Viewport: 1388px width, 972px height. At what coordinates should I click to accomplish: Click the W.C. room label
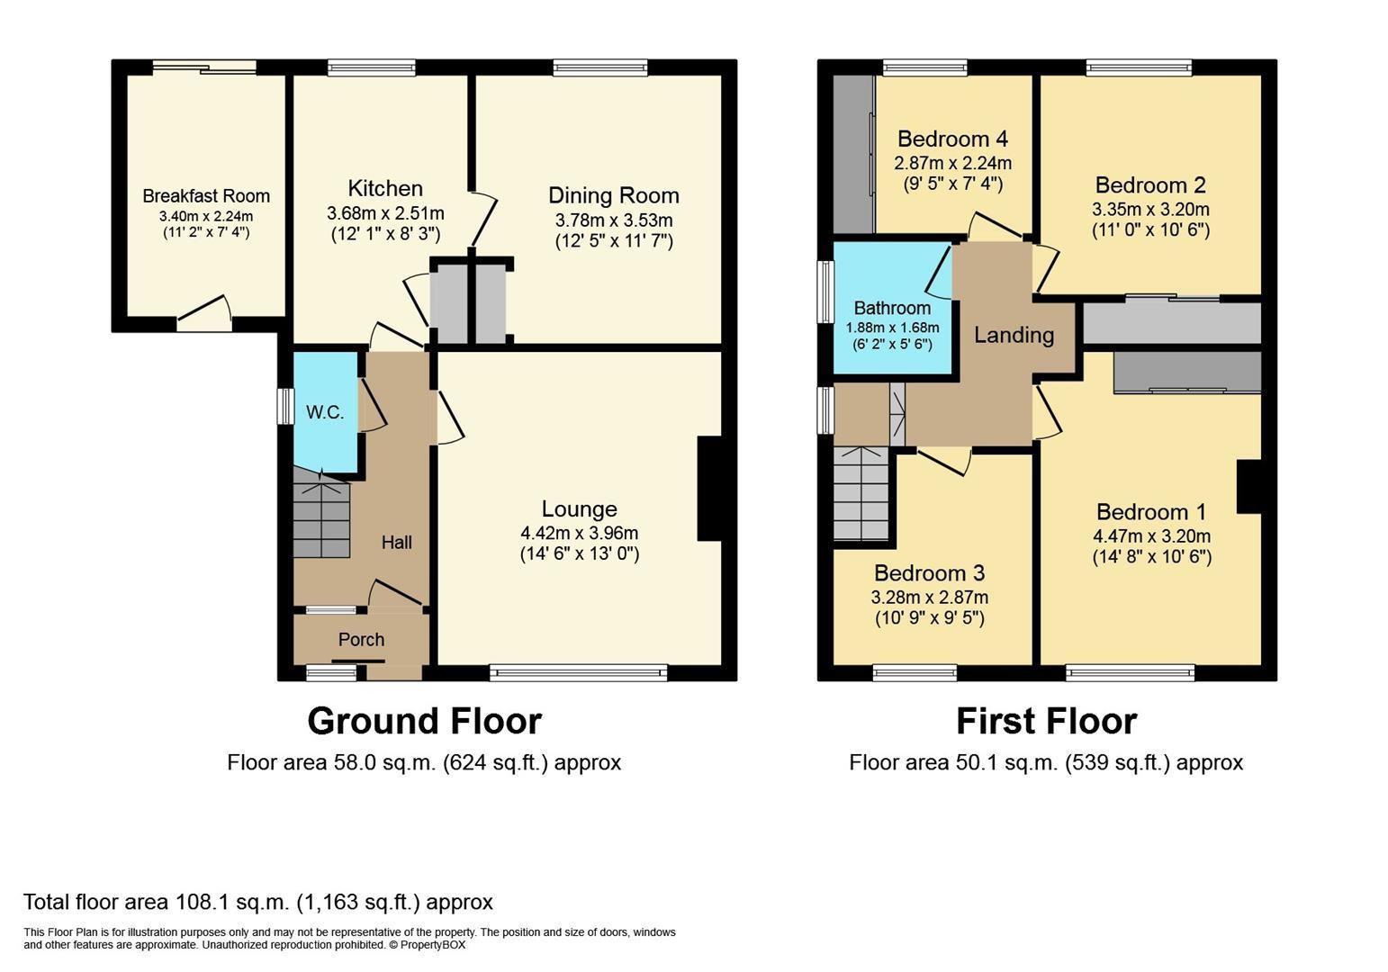coord(325,412)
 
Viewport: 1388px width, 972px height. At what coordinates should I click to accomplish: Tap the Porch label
coord(361,639)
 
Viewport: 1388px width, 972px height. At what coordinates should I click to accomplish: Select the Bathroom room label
coord(892,308)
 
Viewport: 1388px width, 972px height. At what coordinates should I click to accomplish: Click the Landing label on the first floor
coord(1014,335)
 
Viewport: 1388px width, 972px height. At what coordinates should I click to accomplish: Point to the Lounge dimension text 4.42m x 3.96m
coord(579,532)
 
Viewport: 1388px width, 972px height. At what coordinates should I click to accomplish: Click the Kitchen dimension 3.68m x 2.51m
coord(385,214)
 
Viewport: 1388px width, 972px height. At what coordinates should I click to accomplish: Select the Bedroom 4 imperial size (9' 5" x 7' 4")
coord(952,184)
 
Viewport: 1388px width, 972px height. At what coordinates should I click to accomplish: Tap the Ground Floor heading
coord(424,721)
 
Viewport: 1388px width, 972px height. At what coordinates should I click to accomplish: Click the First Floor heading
coord(1046,721)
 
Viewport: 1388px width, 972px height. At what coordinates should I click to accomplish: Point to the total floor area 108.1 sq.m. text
coord(257,902)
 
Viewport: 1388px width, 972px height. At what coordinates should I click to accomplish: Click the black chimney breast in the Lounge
coord(709,489)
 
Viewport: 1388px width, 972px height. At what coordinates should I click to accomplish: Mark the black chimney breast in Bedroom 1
coord(1248,486)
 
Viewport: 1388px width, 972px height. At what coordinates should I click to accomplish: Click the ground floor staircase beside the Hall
coord(321,517)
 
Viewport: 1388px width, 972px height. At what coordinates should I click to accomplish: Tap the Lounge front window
coord(579,671)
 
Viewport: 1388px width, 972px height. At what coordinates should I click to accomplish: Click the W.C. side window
coord(285,406)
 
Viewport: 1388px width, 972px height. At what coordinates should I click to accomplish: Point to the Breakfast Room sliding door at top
coord(204,67)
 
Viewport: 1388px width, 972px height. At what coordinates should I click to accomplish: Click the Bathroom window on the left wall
coord(825,292)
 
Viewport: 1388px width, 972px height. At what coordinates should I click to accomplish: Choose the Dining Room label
coord(614,195)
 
